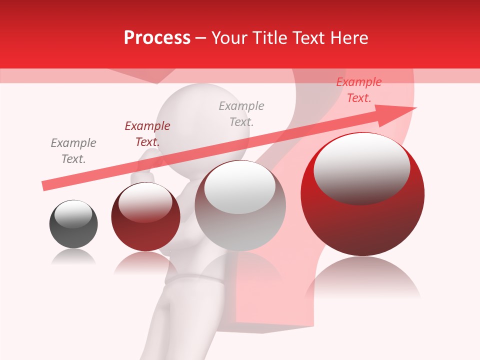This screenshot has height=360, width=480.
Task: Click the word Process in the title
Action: click(157, 38)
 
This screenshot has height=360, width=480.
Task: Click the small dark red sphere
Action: click(145, 225)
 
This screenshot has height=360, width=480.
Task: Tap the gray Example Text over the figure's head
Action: click(241, 113)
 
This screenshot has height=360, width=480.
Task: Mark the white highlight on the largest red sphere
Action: click(361, 167)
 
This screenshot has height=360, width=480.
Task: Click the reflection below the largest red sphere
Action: click(362, 280)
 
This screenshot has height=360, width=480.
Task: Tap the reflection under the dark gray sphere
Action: click(73, 257)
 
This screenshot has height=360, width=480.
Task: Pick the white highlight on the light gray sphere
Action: click(240, 187)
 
